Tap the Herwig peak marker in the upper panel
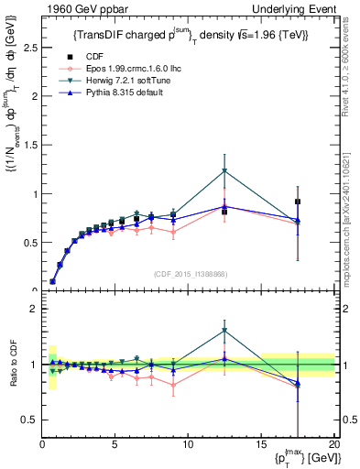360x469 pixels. (224, 171)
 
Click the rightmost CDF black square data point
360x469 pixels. (298, 202)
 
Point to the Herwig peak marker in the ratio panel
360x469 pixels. (224, 331)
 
